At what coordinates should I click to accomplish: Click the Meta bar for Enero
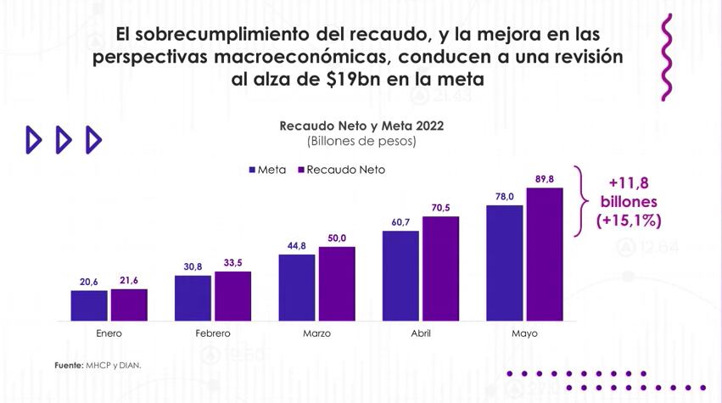[89, 305]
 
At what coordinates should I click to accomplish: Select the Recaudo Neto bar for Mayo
[544, 255]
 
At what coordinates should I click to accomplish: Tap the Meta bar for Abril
[400, 276]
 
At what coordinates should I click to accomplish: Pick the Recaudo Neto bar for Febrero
[232, 296]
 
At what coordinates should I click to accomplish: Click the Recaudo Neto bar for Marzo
[337, 284]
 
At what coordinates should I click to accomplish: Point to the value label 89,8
[544, 179]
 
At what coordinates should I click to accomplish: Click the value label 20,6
[89, 282]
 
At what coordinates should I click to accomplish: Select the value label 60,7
[400, 222]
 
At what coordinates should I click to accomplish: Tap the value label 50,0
[337, 238]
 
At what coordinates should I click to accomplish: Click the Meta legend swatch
[252, 170]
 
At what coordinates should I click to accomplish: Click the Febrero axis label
[212, 333]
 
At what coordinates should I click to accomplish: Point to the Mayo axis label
[524, 333]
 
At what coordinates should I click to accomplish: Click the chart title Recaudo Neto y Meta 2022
[361, 126]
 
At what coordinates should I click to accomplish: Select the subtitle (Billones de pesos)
[361, 141]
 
